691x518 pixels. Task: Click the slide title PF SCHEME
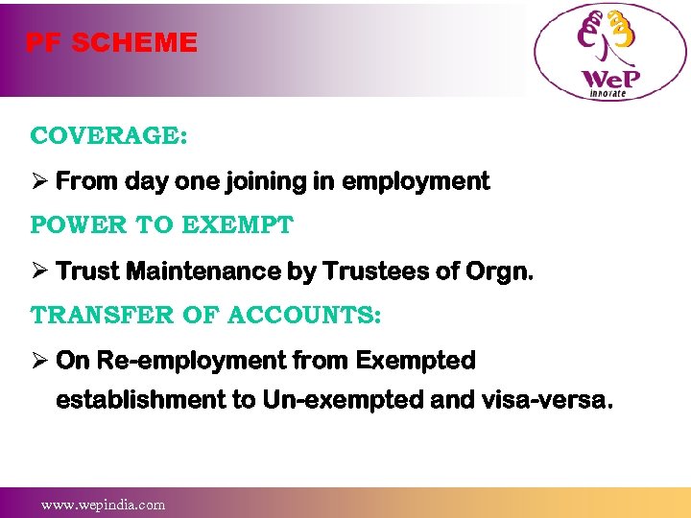[x=111, y=42]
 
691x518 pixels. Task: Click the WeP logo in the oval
[x=610, y=53]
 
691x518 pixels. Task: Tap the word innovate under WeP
[x=608, y=92]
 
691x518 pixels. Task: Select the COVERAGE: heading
[x=108, y=135]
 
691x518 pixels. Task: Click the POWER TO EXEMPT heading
[x=161, y=225]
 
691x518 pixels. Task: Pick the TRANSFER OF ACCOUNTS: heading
[x=205, y=316]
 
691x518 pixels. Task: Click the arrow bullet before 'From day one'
[x=39, y=181]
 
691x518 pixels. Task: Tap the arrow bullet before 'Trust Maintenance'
[x=39, y=271]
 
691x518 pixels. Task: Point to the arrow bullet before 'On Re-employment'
[x=39, y=362]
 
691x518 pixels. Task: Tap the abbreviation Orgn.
[x=499, y=271]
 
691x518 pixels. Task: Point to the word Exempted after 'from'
[x=415, y=362]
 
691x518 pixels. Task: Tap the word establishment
[x=141, y=399]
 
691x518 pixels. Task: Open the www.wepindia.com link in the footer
[x=103, y=504]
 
